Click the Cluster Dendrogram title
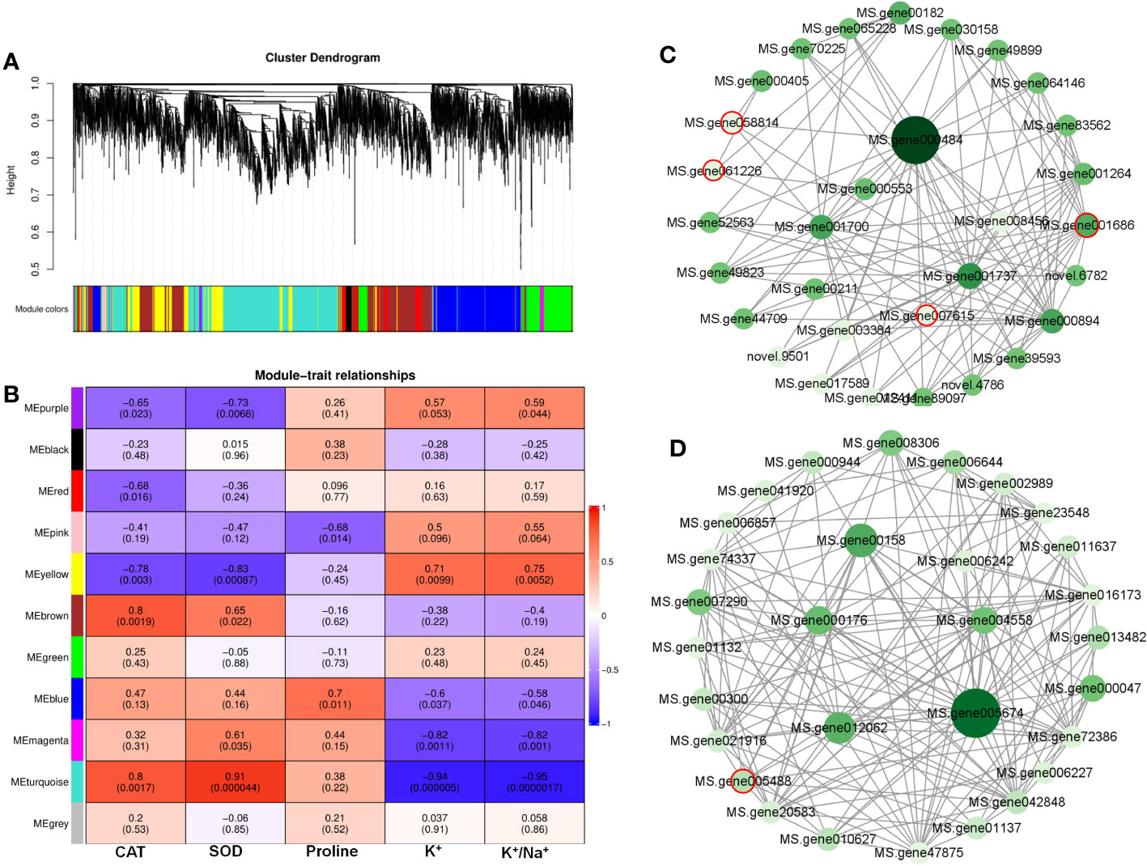[x=322, y=57]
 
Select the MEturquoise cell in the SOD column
[x=235, y=782]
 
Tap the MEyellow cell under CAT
[x=135, y=574]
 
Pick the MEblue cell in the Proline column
[x=334, y=698]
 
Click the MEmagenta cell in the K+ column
[x=435, y=740]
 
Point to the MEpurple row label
[x=46, y=408]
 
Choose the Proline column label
[x=332, y=851]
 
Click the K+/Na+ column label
[x=525, y=852]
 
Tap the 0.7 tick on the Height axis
[x=35, y=195]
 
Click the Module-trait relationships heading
[x=334, y=375]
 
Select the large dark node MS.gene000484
[x=915, y=140]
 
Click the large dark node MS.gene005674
[x=975, y=713]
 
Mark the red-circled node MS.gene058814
[x=732, y=122]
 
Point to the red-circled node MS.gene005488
[x=742, y=780]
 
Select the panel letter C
[x=668, y=54]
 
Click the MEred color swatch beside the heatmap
[x=77, y=491]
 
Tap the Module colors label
[x=41, y=308]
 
